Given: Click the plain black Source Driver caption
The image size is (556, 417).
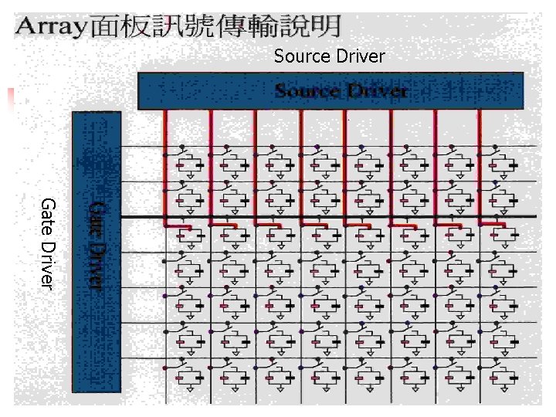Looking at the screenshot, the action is point(329,56).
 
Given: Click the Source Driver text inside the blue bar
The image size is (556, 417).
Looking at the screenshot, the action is point(341,91).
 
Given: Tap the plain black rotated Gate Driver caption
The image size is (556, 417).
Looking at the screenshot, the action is point(47,243).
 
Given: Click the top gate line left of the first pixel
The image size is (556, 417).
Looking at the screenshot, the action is point(143,145).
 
